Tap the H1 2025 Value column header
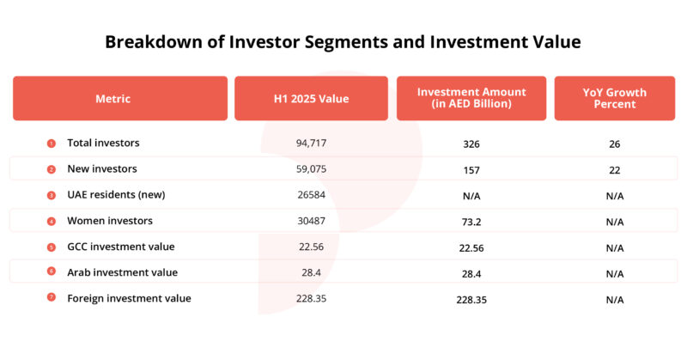click(x=312, y=99)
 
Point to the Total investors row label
click(x=103, y=143)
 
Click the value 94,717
click(x=312, y=143)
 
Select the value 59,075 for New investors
click(x=312, y=168)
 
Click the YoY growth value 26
click(x=613, y=143)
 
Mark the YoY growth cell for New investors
click(x=613, y=169)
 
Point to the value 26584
click(x=312, y=194)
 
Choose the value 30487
click(x=312, y=221)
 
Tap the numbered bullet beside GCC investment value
click(x=51, y=247)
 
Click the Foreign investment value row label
click(x=129, y=298)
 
